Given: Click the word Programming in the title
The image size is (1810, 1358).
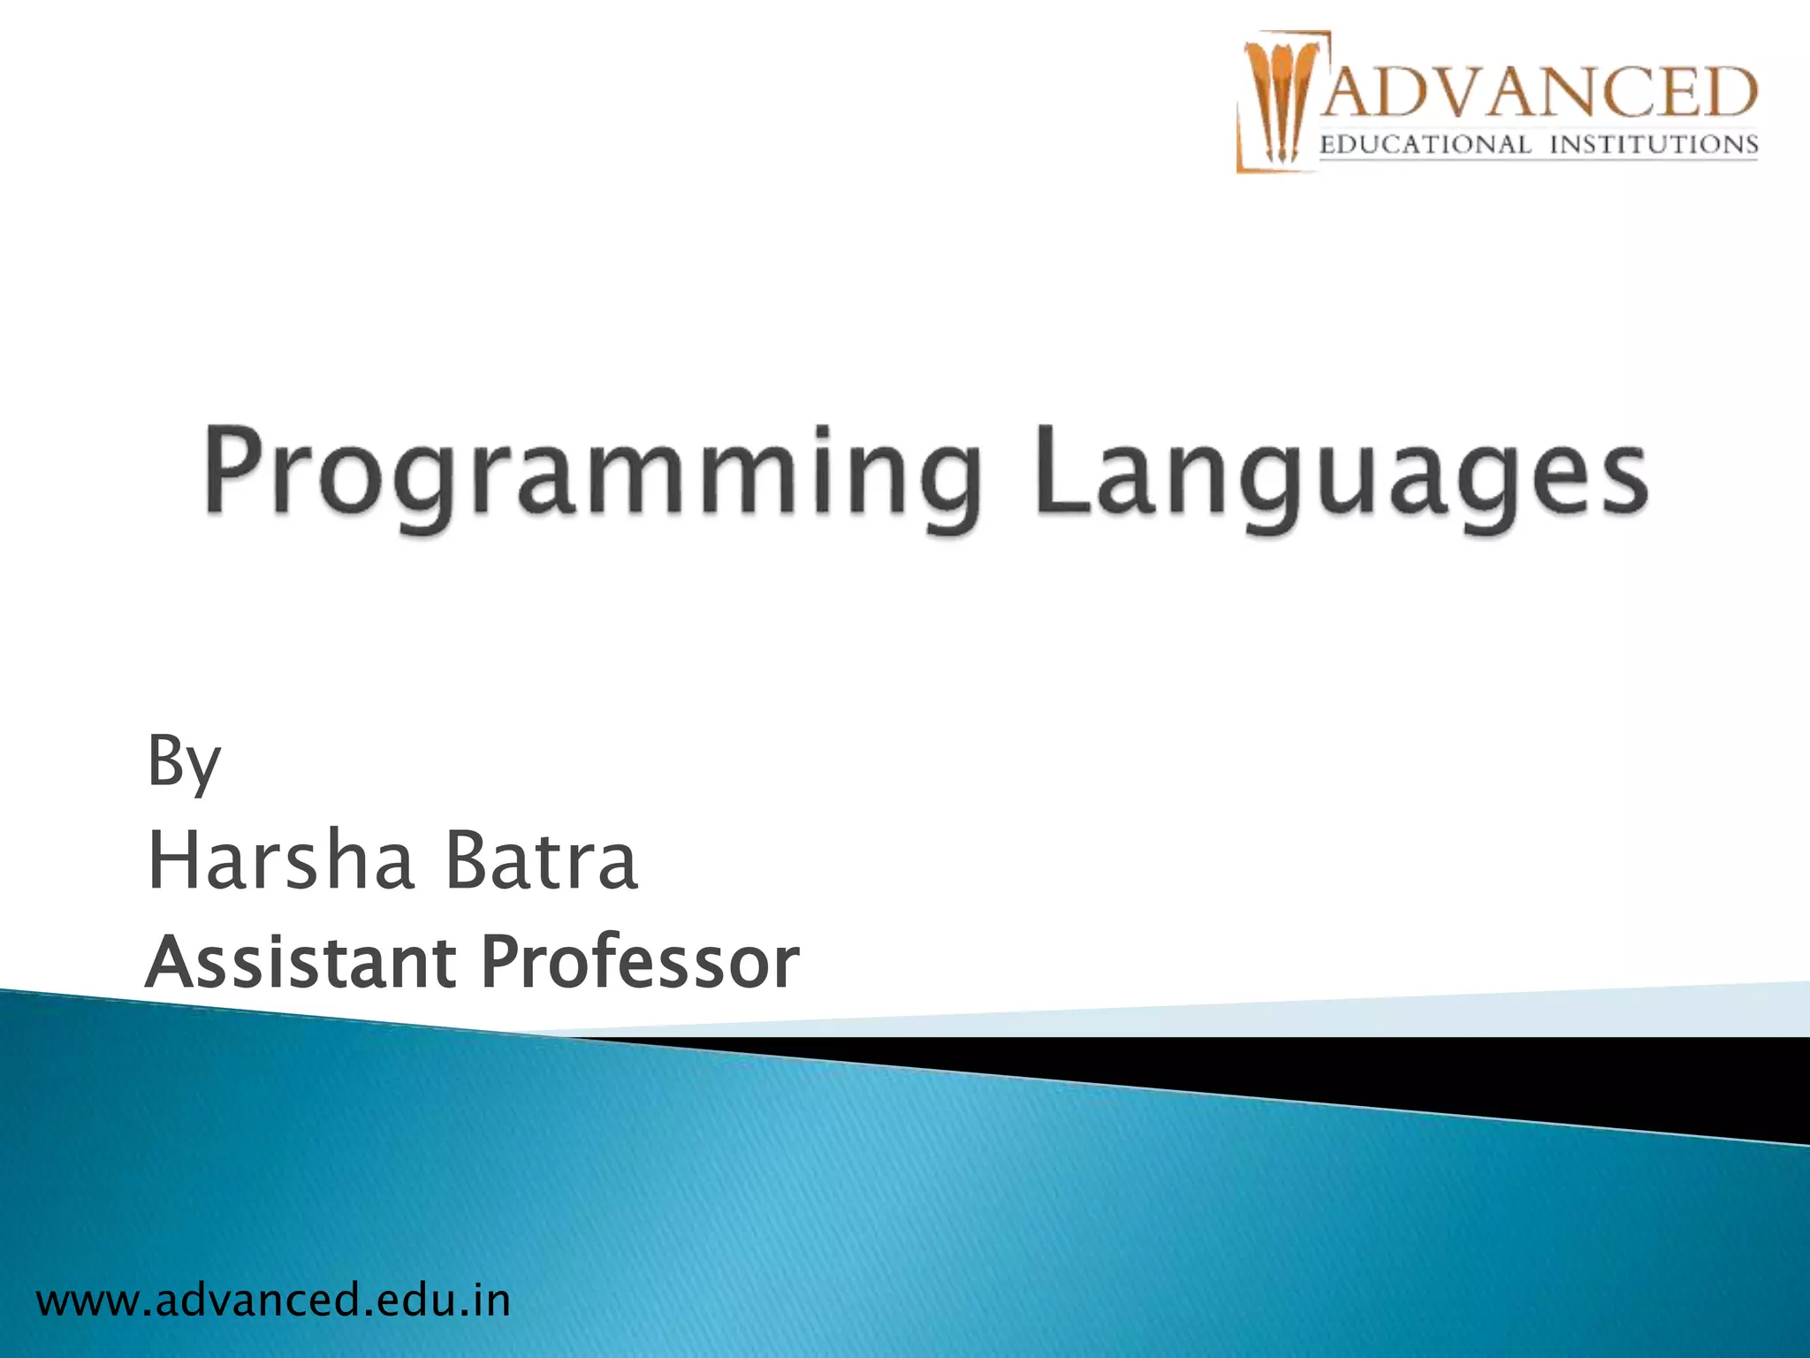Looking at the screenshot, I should click(x=592, y=473).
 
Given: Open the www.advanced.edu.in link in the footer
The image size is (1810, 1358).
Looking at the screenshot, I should click(x=273, y=1301).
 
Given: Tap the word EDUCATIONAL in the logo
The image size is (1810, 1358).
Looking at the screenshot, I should click(x=1425, y=145).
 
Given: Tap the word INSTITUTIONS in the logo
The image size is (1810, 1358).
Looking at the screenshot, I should click(x=1654, y=145).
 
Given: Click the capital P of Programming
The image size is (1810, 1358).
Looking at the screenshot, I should click(x=233, y=469).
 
